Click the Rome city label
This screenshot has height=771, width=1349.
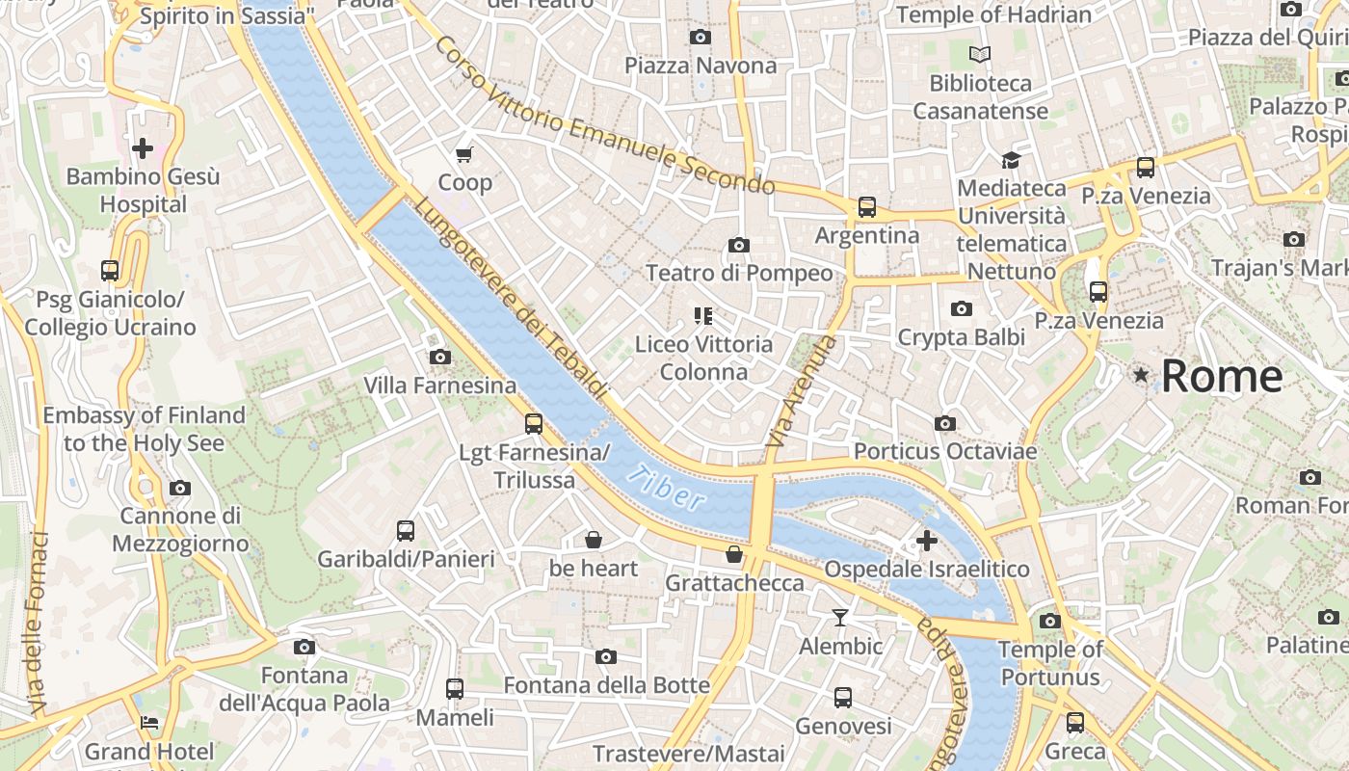(x=1221, y=376)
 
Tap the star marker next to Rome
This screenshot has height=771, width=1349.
(x=1141, y=375)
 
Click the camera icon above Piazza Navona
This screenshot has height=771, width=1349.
(x=701, y=38)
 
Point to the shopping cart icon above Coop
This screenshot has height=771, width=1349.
(x=464, y=154)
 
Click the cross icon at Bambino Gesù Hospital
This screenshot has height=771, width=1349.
(x=143, y=148)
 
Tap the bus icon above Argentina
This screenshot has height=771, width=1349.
(x=867, y=207)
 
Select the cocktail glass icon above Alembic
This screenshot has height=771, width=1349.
(x=840, y=618)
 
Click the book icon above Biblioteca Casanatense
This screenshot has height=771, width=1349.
(x=980, y=55)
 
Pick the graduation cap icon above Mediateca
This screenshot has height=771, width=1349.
(x=1011, y=160)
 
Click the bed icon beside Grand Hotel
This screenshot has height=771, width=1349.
(x=149, y=723)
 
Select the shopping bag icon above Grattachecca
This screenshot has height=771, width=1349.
(x=734, y=554)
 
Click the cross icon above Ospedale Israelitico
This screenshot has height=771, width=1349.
(x=927, y=541)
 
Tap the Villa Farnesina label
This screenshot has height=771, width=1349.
(x=439, y=385)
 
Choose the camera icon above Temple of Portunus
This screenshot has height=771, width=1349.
(x=1050, y=622)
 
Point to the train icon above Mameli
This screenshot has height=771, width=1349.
(x=455, y=689)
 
